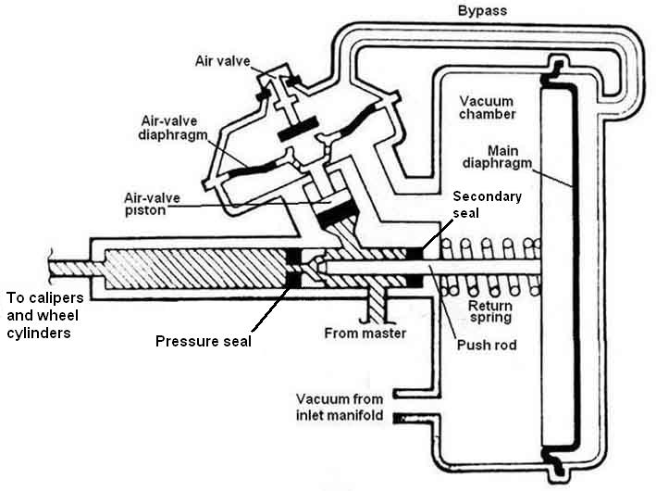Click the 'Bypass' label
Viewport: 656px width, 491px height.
pyautogui.click(x=482, y=10)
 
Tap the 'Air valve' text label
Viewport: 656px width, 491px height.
pyautogui.click(x=223, y=61)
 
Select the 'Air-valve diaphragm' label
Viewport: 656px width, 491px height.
pyautogui.click(x=173, y=128)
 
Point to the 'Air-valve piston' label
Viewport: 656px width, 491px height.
pyautogui.click(x=153, y=204)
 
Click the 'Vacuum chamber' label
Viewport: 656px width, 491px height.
pyautogui.click(x=487, y=107)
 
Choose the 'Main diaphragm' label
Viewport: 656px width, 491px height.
pyautogui.click(x=497, y=157)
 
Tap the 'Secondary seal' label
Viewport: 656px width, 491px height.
pyautogui.click(x=487, y=205)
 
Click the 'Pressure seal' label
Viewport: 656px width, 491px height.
pyautogui.click(x=204, y=341)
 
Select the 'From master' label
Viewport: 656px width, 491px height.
pyautogui.click(x=365, y=334)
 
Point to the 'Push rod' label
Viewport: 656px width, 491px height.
pyautogui.click(x=487, y=345)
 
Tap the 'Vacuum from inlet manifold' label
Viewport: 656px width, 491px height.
pyautogui.click(x=340, y=407)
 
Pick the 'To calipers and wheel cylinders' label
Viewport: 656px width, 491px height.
pyautogui.click(x=44, y=316)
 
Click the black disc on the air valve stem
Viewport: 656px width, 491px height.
pyautogui.click(x=298, y=130)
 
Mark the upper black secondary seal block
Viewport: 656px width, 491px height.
pyautogui.click(x=415, y=254)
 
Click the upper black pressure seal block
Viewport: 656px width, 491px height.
pyautogui.click(x=293, y=255)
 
